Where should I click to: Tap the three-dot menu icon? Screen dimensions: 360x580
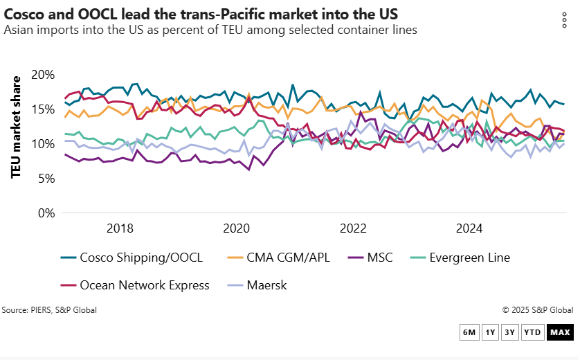[x=564, y=21]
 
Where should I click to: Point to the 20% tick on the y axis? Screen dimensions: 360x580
[x=42, y=75]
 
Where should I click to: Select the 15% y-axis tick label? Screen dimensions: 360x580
[x=42, y=109]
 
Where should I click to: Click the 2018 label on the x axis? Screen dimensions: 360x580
[x=120, y=228]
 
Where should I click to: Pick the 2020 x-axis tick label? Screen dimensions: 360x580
[x=237, y=228]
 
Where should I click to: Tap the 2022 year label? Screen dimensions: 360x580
[x=353, y=228]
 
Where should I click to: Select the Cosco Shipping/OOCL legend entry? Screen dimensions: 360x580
[x=132, y=258]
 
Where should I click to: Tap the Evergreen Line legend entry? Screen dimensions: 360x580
[x=460, y=258]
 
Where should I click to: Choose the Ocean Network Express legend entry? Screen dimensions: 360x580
[x=135, y=285]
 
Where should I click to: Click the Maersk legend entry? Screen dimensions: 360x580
[x=257, y=285]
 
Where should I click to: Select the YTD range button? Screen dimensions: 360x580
[x=532, y=332]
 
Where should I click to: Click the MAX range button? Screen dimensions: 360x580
[x=559, y=332]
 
